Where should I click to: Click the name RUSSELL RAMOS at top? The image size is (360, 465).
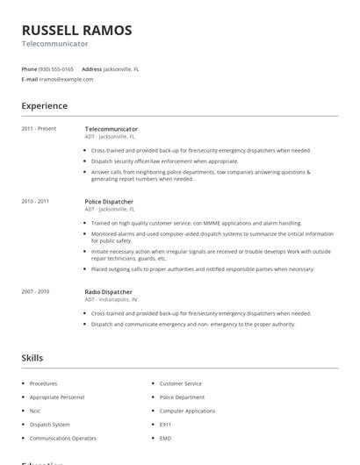(76, 31)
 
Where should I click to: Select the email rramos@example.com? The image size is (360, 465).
(66, 79)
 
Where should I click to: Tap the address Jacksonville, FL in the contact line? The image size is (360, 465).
(121, 68)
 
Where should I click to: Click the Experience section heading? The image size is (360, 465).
(44, 106)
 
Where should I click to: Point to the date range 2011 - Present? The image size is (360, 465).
(39, 129)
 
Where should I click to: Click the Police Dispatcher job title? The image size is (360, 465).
(109, 202)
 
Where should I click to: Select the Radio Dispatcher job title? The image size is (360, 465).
(108, 291)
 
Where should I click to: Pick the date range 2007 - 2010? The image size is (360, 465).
(35, 291)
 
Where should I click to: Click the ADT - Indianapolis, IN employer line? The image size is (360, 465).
(111, 299)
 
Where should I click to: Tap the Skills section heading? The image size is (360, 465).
(32, 358)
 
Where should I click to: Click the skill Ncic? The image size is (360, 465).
(36, 410)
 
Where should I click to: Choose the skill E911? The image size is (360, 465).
(165, 424)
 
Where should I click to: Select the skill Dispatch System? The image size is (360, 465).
(49, 424)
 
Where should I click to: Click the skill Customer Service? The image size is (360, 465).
(180, 383)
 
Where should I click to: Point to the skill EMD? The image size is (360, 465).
(165, 437)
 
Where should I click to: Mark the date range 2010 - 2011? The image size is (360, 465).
(35, 202)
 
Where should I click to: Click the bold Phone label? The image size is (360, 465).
(29, 68)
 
